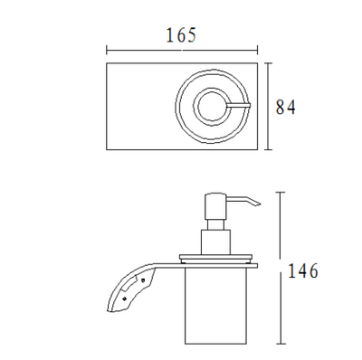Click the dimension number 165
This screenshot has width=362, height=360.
182,35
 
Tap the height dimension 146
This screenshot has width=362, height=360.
303,270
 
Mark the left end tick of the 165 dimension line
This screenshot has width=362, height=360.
107,50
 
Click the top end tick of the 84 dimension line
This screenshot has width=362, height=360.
270,63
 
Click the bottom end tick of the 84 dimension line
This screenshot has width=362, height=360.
270,149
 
